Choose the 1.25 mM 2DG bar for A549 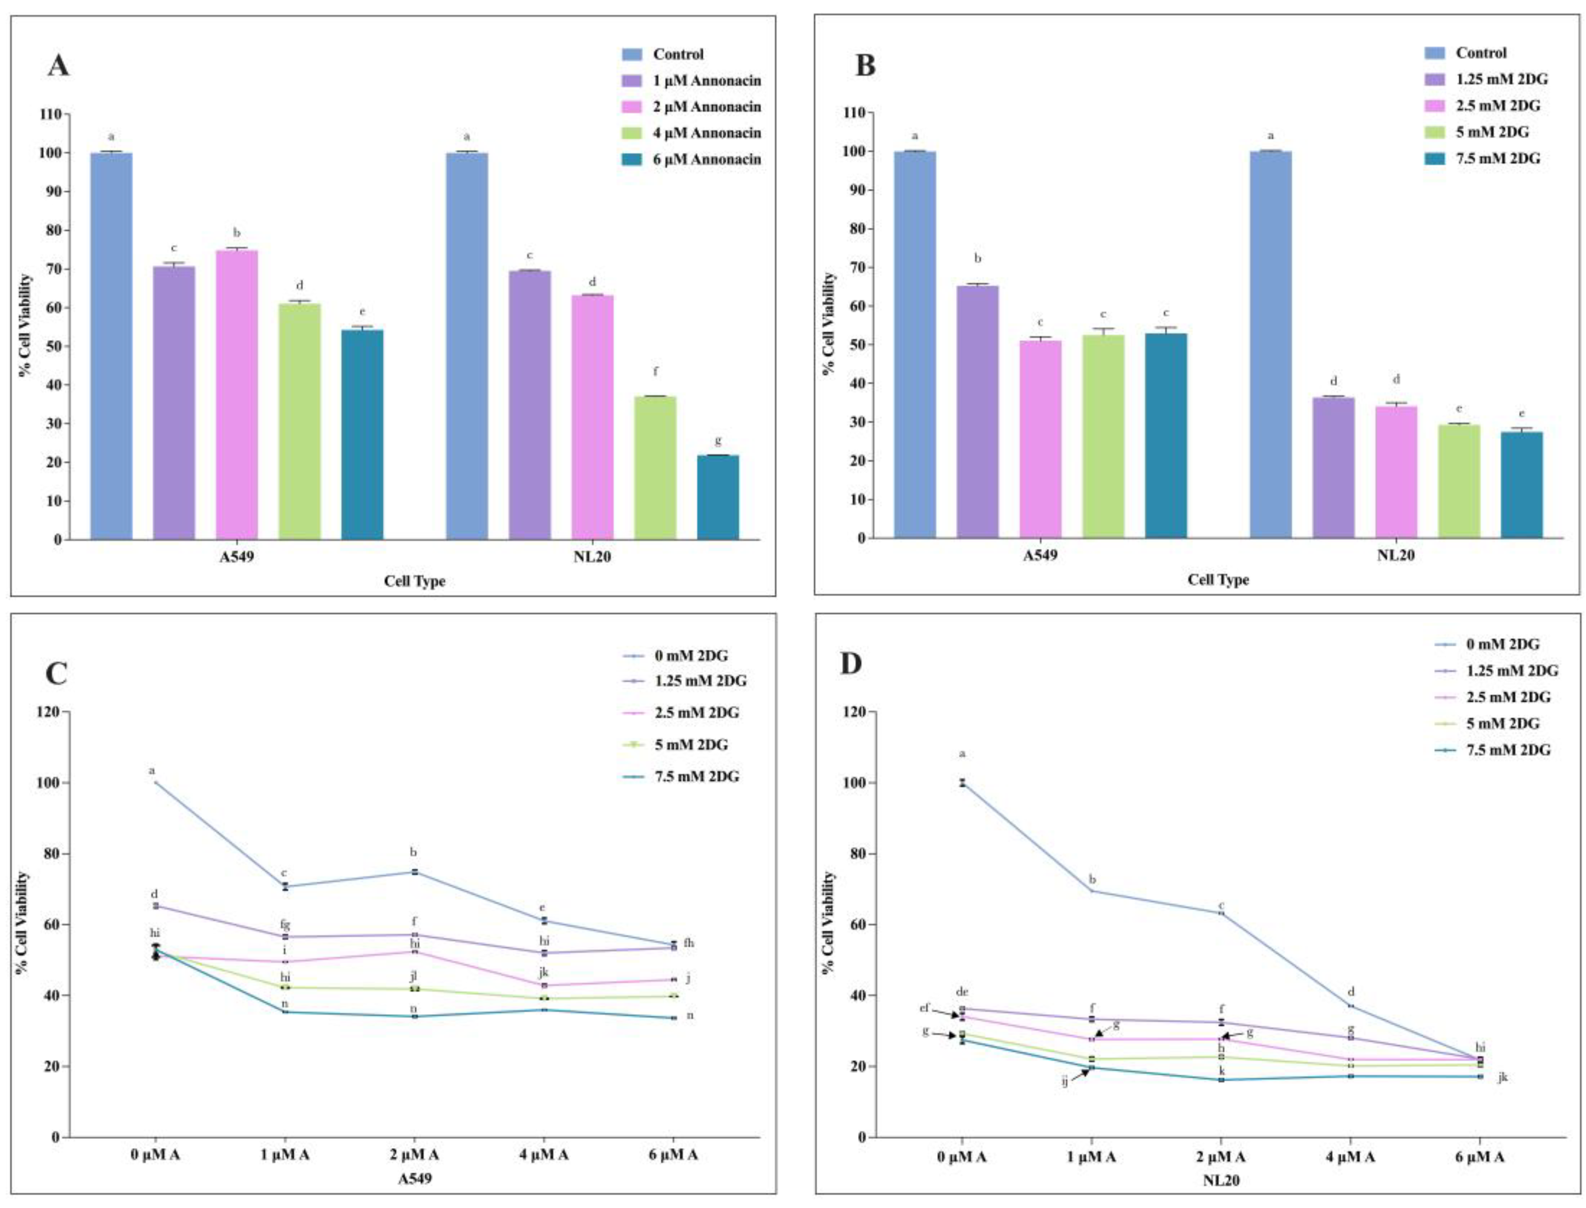(976, 411)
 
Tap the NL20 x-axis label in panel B (1396, 555)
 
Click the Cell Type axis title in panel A (414, 581)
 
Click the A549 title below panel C (414, 1179)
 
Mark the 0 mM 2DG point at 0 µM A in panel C (155, 782)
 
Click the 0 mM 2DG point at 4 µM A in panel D (1350, 1005)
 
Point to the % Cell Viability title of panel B (829, 324)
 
